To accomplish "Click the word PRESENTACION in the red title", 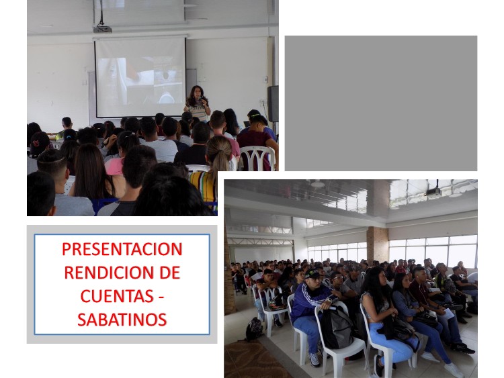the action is [x=122, y=249].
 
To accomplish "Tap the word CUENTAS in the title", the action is [x=117, y=296].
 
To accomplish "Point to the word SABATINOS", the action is [x=122, y=320].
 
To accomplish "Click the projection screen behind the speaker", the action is [x=140, y=77].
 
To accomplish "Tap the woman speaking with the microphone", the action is [x=197, y=103].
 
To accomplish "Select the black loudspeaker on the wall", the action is [x=273, y=103].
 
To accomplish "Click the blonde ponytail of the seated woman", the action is [x=218, y=154].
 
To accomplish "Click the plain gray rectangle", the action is [x=381, y=103].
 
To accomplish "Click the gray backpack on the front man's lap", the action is [x=337, y=328].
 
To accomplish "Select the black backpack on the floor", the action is [x=254, y=329].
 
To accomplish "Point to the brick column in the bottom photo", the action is [x=378, y=244].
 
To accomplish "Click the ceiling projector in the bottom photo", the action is [x=433, y=192].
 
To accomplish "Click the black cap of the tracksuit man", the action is [x=312, y=274].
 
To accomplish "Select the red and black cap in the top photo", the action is [x=40, y=143].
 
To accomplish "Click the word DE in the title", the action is [x=170, y=273].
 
